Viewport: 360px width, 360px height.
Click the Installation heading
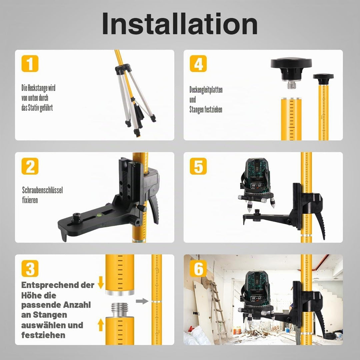180,24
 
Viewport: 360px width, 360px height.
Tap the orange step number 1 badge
30,64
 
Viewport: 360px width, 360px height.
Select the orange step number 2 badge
30,166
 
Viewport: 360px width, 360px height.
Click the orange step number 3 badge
30,268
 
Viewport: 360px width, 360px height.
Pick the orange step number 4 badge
198,64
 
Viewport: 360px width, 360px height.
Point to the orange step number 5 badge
198,166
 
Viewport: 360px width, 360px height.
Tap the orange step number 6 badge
198,268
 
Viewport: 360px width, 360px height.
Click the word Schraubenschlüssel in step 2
42,190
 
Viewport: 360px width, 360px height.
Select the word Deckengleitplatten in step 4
206,90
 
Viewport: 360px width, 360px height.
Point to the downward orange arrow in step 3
101,282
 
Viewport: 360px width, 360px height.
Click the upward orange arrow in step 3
101,325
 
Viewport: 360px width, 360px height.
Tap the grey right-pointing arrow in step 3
142,301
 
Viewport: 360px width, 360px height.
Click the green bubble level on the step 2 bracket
99,215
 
